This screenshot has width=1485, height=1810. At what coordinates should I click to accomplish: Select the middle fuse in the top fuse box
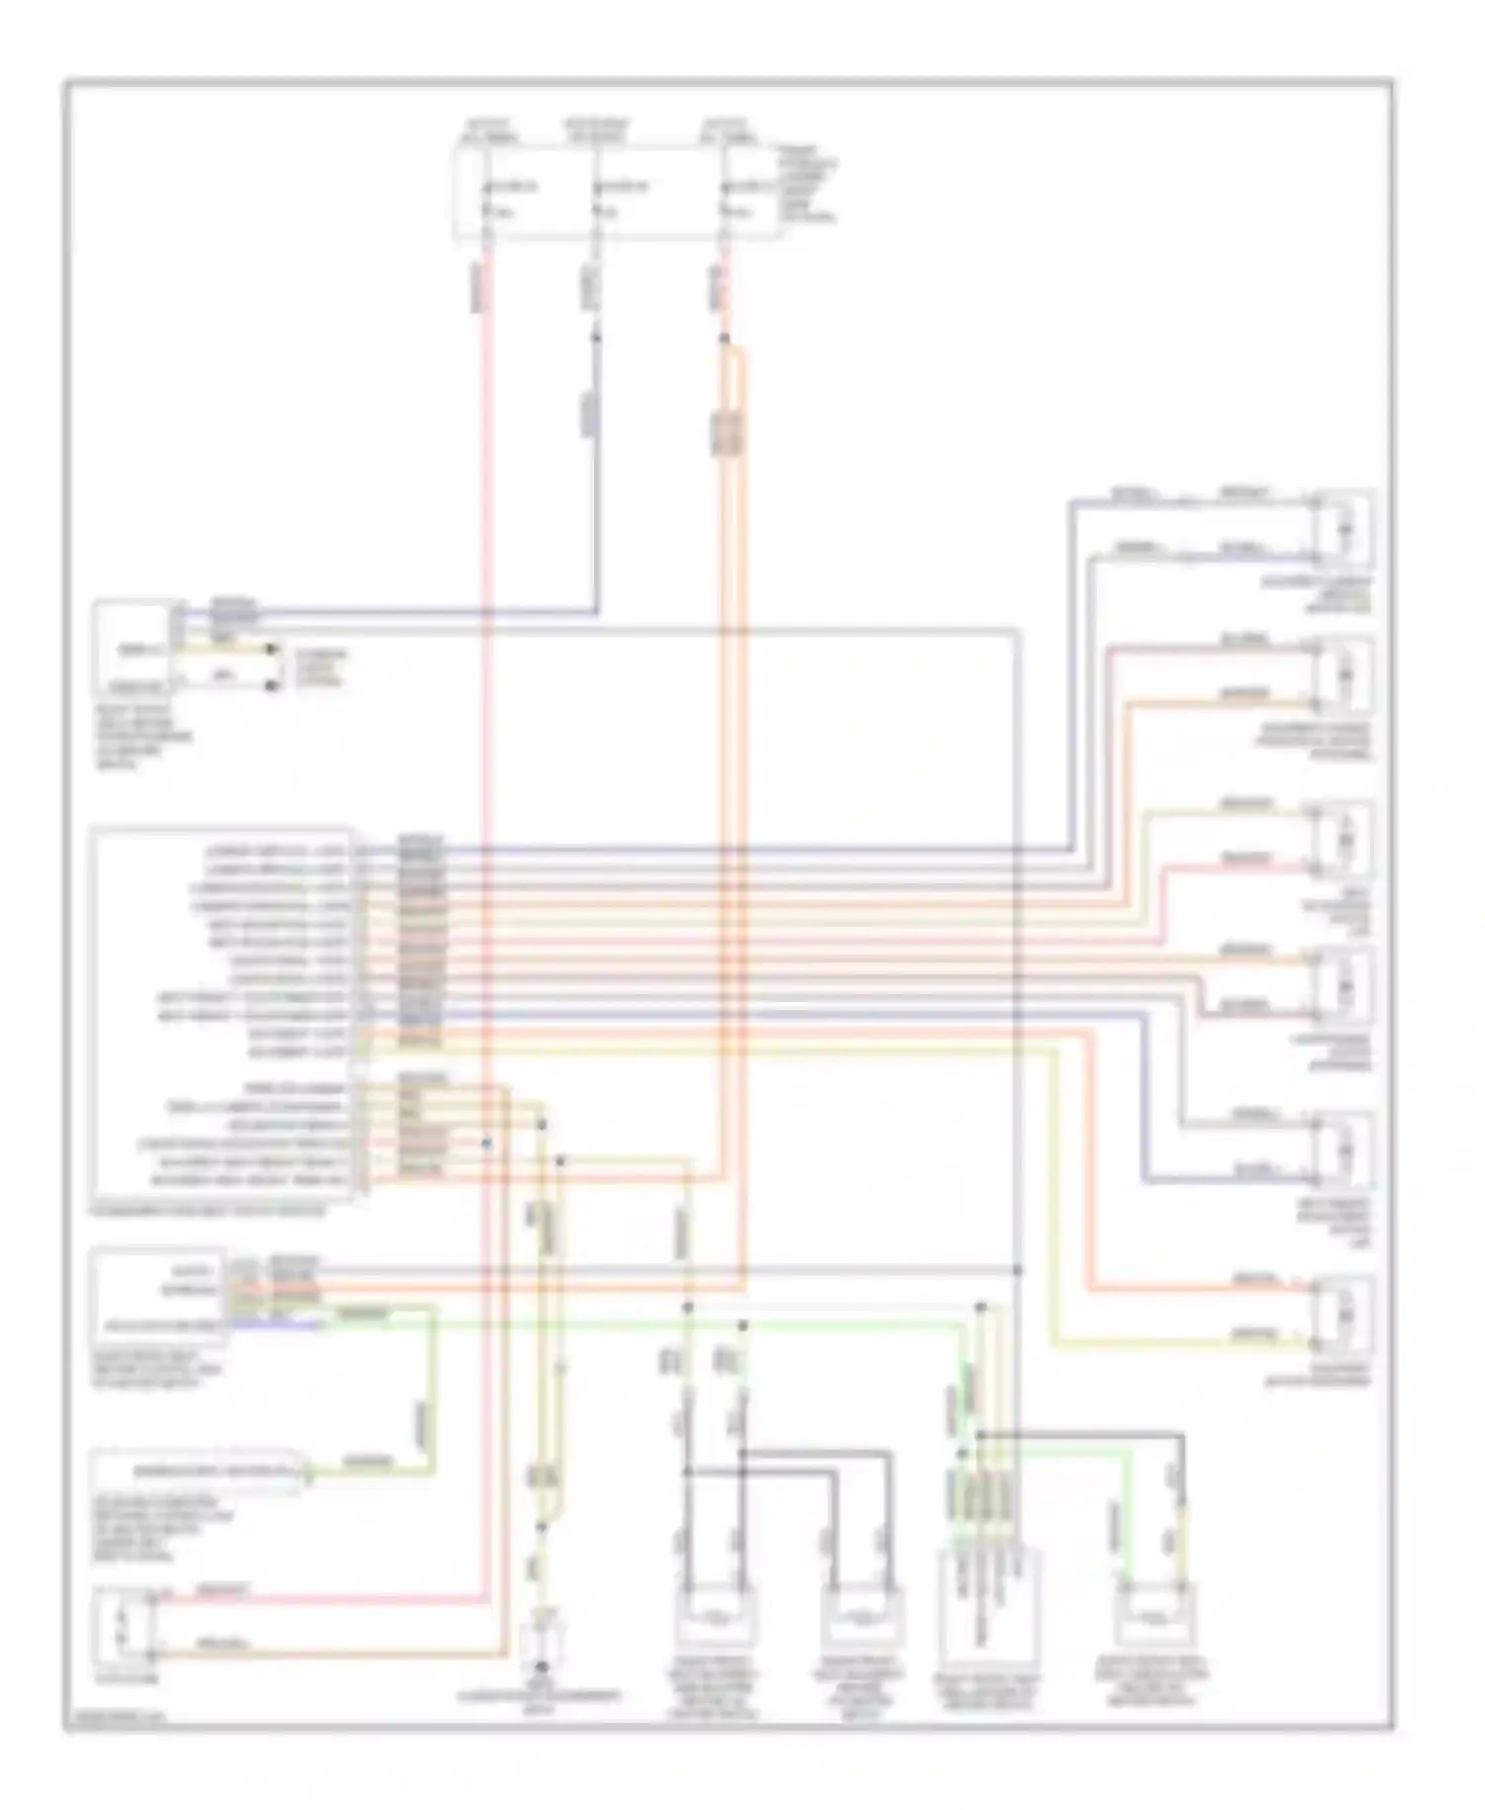pyautogui.click(x=596, y=198)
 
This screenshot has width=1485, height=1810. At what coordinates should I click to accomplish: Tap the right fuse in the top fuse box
pyautogui.click(x=725, y=198)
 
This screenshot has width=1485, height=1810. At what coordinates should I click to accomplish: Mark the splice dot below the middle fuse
pyautogui.click(x=596, y=338)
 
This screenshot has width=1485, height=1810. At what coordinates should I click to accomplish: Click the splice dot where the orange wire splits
pyautogui.click(x=725, y=340)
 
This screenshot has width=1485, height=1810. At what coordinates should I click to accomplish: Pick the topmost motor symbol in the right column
pyautogui.click(x=1343, y=527)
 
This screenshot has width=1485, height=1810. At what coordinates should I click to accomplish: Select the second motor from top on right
pyautogui.click(x=1343, y=675)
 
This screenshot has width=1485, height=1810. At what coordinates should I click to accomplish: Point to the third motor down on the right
pyautogui.click(x=1343, y=840)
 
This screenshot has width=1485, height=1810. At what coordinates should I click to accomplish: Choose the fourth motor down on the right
pyautogui.click(x=1343, y=986)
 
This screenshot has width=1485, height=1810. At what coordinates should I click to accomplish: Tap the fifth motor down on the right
pyautogui.click(x=1343, y=1151)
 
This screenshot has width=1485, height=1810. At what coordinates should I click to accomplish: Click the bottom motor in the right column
pyautogui.click(x=1343, y=1315)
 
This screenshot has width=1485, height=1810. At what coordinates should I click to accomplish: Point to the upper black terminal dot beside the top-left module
pyautogui.click(x=272, y=651)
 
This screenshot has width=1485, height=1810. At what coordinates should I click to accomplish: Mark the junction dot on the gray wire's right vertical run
pyautogui.click(x=1018, y=1269)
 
